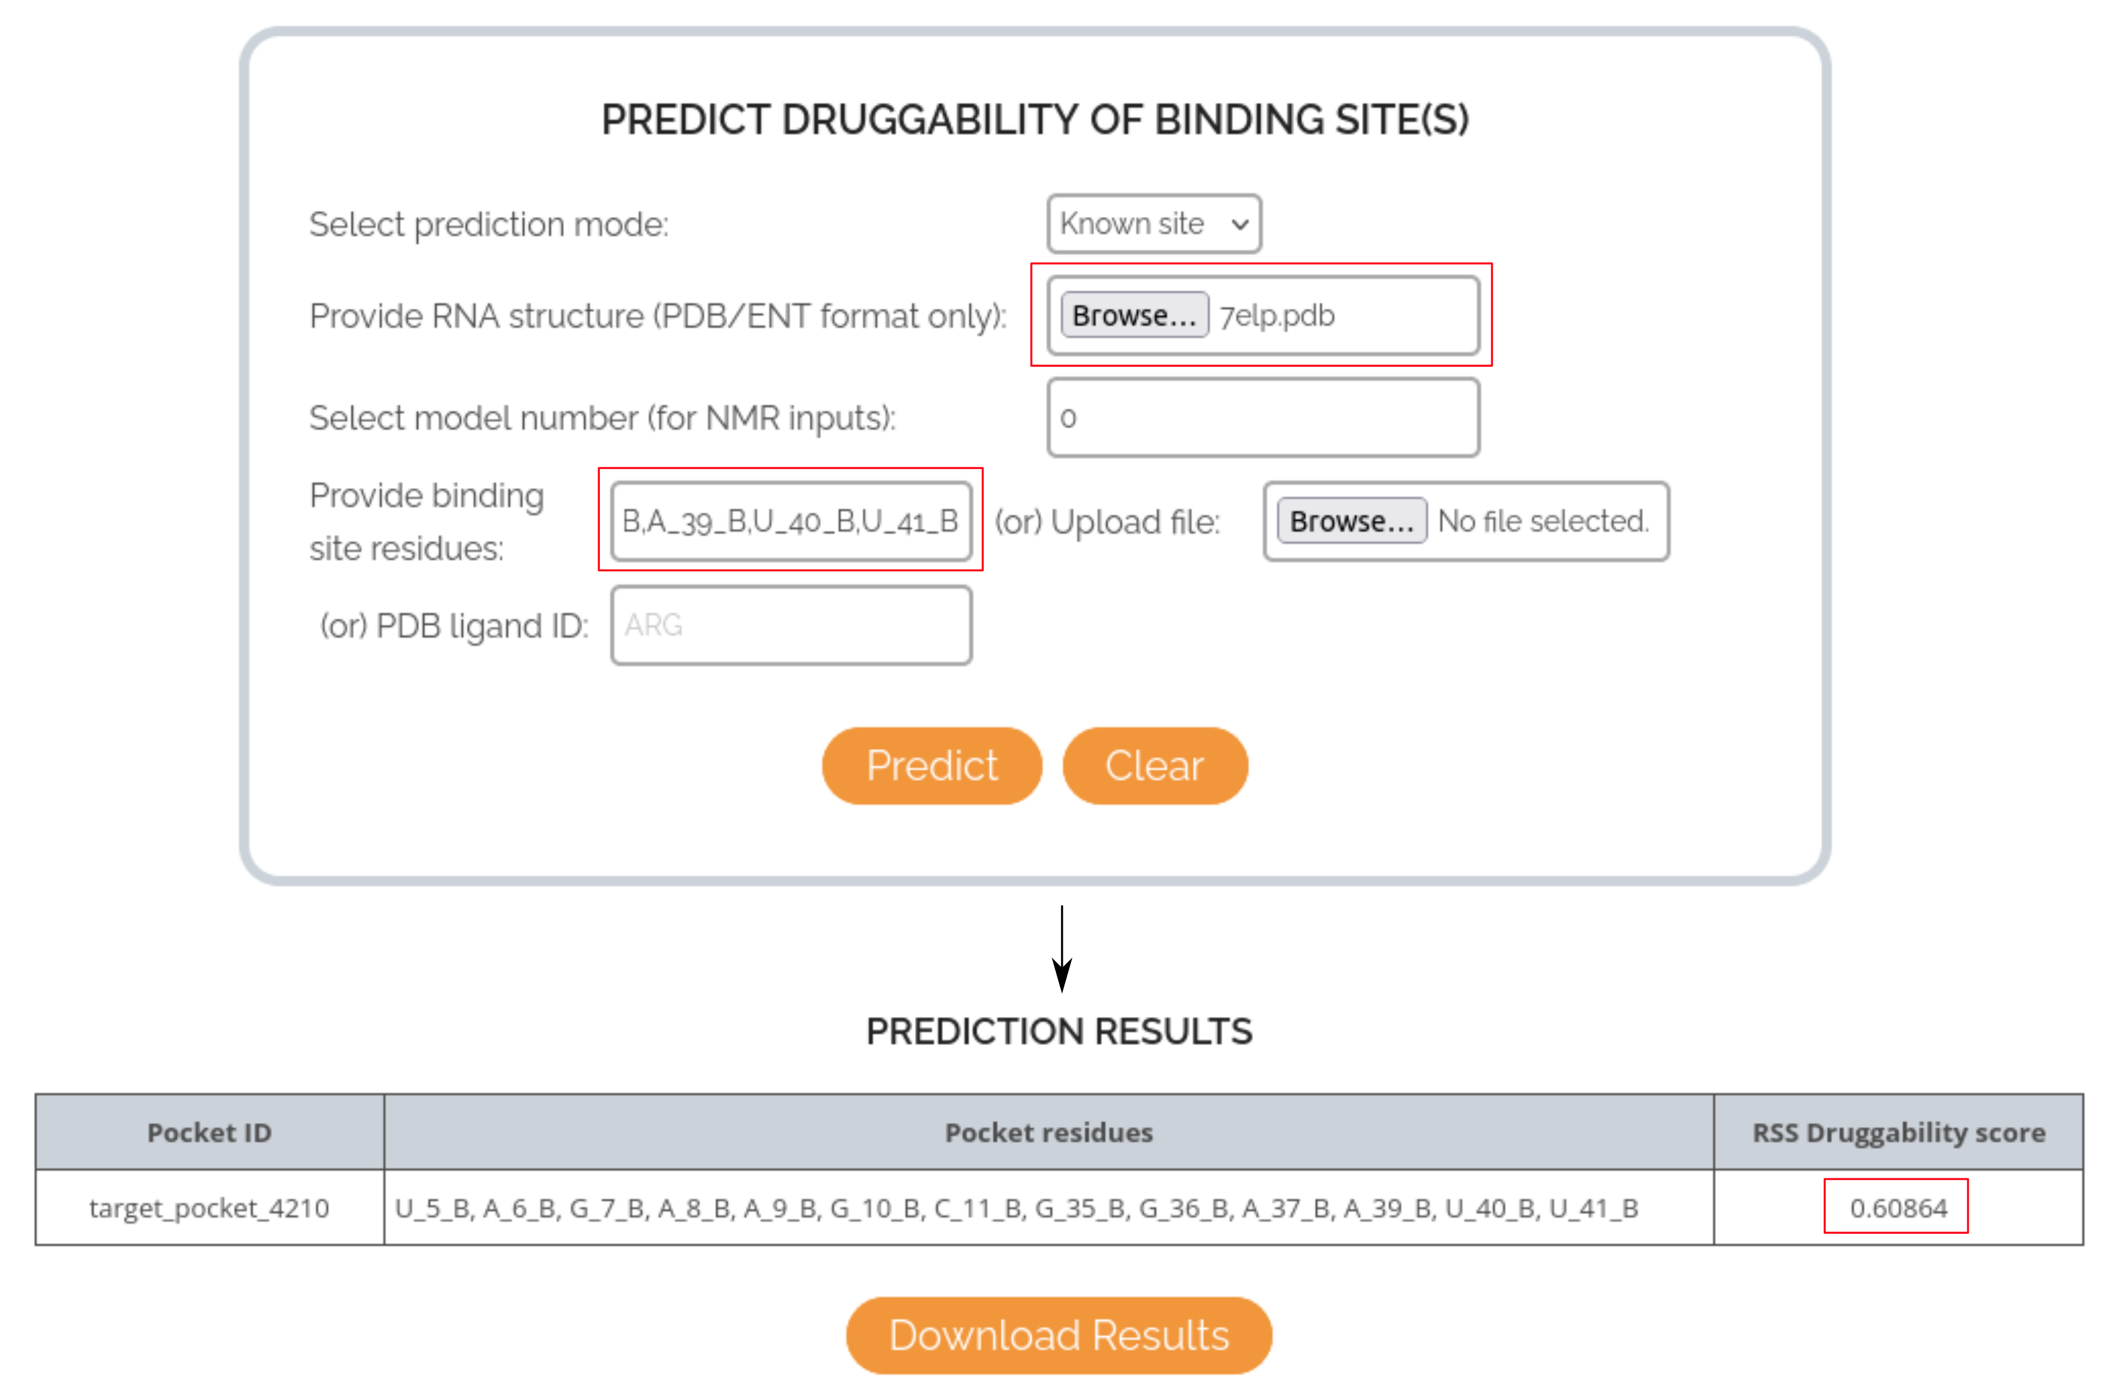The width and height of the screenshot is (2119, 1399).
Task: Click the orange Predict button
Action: (931, 765)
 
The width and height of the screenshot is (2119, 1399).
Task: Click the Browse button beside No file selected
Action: (1352, 521)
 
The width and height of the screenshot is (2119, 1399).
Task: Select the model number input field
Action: (1263, 417)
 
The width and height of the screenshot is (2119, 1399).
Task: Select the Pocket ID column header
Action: (209, 1132)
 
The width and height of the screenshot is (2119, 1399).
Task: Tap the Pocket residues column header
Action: (1049, 1132)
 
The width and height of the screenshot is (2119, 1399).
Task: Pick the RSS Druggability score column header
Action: (1899, 1132)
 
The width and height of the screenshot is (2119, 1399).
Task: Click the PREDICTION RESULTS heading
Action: (1059, 1032)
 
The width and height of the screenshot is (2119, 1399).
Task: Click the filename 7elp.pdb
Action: (1277, 315)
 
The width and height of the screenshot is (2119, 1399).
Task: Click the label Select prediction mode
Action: (488, 224)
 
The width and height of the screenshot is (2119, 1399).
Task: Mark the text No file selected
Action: (1543, 521)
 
